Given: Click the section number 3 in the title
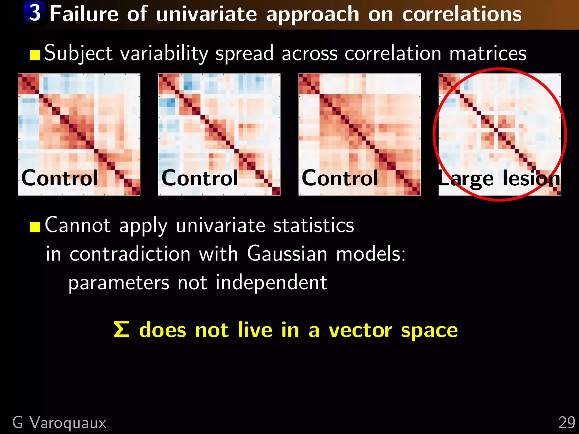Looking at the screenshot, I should tap(35, 13).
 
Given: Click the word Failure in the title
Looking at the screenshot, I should tap(84, 14).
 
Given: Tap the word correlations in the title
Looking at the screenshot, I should tap(462, 14).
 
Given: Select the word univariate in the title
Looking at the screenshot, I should tap(206, 14).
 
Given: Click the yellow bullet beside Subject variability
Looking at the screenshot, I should tap(35, 55).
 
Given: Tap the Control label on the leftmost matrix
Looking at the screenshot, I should tap(59, 178).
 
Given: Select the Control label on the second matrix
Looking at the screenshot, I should tap(200, 178).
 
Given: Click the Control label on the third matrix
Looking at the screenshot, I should tap(340, 178).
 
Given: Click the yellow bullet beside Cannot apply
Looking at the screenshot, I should tap(35, 227).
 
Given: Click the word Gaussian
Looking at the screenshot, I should tap(287, 253).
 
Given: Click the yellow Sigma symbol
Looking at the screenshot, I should tap(121, 329).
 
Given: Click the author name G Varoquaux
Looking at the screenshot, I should tap(59, 423).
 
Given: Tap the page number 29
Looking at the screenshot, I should tap(567, 423).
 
